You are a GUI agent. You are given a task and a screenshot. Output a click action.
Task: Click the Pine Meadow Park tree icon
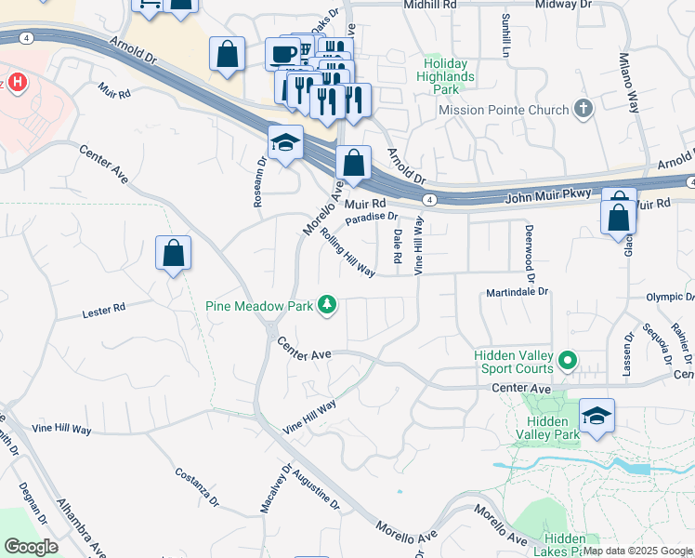(327, 304)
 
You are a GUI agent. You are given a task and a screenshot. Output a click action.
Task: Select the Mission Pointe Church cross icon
(584, 110)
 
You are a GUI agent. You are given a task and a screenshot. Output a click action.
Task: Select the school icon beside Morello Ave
(286, 142)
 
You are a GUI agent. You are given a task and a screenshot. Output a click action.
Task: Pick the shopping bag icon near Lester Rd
(173, 252)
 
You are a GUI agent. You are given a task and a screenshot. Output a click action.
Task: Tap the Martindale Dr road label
(518, 292)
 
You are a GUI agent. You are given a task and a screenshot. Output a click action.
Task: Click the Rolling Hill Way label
(347, 252)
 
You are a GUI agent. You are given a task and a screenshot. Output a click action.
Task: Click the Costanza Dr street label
(197, 486)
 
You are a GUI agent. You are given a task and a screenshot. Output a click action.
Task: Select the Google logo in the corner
(31, 546)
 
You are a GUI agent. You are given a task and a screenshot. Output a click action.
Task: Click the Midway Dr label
(557, 5)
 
